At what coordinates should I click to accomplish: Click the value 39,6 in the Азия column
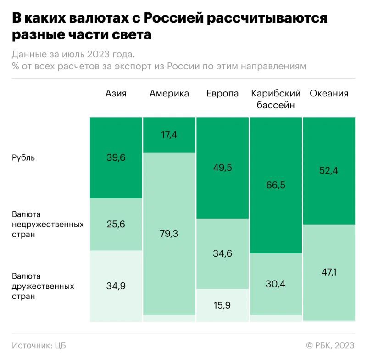pos(116,158)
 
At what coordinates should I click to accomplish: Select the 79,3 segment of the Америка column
pos(169,234)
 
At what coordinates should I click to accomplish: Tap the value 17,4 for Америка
pos(169,135)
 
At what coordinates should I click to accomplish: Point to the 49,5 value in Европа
pos(222,168)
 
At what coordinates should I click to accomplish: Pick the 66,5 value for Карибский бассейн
pos(275,186)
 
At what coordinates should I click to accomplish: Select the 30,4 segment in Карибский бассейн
pos(275,284)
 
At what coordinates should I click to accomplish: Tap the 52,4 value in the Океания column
pos(329,171)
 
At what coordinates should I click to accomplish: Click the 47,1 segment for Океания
pos(329,272)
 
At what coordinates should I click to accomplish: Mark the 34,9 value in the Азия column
pos(116,286)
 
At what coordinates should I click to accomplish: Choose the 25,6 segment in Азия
pos(116,224)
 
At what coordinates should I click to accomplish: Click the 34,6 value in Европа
pos(222,253)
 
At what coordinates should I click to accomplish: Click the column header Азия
pos(116,94)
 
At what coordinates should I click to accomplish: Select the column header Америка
pos(169,94)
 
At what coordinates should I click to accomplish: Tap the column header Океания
pos(329,94)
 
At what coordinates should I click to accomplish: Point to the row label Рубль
pos(23,158)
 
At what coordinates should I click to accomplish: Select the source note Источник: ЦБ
pos(39,345)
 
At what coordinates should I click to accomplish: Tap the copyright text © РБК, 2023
pos(330,345)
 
